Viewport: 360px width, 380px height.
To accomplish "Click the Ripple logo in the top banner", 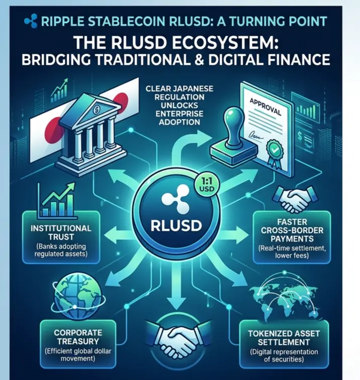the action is pos(31,21).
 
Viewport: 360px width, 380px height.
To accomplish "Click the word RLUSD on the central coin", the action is pos(176,225).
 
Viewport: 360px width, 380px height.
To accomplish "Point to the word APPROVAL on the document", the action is pos(265,107).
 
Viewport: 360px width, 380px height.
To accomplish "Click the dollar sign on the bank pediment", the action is pos(96,110).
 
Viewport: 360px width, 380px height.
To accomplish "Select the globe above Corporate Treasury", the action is pos(77,297).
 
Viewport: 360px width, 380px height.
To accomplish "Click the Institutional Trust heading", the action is pos(61,232).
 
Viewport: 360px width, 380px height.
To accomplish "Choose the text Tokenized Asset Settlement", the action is pos(284,338).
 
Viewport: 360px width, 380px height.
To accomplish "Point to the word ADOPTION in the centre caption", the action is pos(179,122).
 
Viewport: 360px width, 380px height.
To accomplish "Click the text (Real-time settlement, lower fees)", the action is pos(292,252).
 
